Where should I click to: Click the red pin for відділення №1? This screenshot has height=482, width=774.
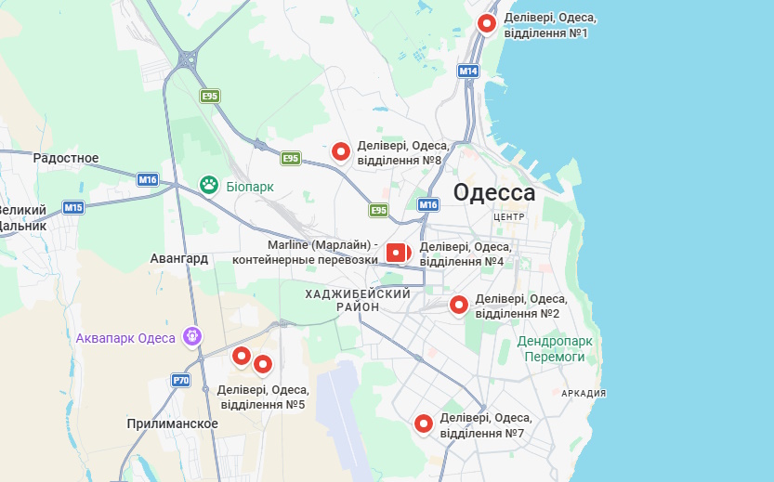[x=487, y=24]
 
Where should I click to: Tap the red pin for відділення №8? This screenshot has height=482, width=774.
[x=341, y=150]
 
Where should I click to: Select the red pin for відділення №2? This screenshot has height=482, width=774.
[x=458, y=305]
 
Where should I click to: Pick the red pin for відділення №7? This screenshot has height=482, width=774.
[x=424, y=423]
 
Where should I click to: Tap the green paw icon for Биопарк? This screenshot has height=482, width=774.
[x=209, y=186]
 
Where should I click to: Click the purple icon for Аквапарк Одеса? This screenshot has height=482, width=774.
[x=193, y=336]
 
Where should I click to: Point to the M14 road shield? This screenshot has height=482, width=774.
[x=468, y=72]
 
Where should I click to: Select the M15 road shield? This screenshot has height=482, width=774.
[x=73, y=207]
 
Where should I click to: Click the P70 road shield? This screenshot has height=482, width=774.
[x=180, y=381]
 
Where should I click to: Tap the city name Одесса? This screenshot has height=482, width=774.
[x=494, y=193]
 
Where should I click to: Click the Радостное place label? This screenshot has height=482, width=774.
[x=66, y=158]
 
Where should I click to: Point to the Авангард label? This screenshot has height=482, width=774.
[x=179, y=258]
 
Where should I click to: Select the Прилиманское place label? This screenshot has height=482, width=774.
[x=173, y=424]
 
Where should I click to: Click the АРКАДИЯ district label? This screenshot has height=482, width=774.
[x=584, y=394]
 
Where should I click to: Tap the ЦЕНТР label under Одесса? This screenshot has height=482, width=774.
[x=510, y=216]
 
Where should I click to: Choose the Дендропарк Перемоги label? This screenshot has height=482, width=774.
[x=554, y=349]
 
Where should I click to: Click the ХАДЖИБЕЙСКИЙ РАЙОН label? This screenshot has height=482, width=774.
[x=358, y=300]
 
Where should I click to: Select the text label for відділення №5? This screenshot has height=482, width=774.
[x=262, y=397]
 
